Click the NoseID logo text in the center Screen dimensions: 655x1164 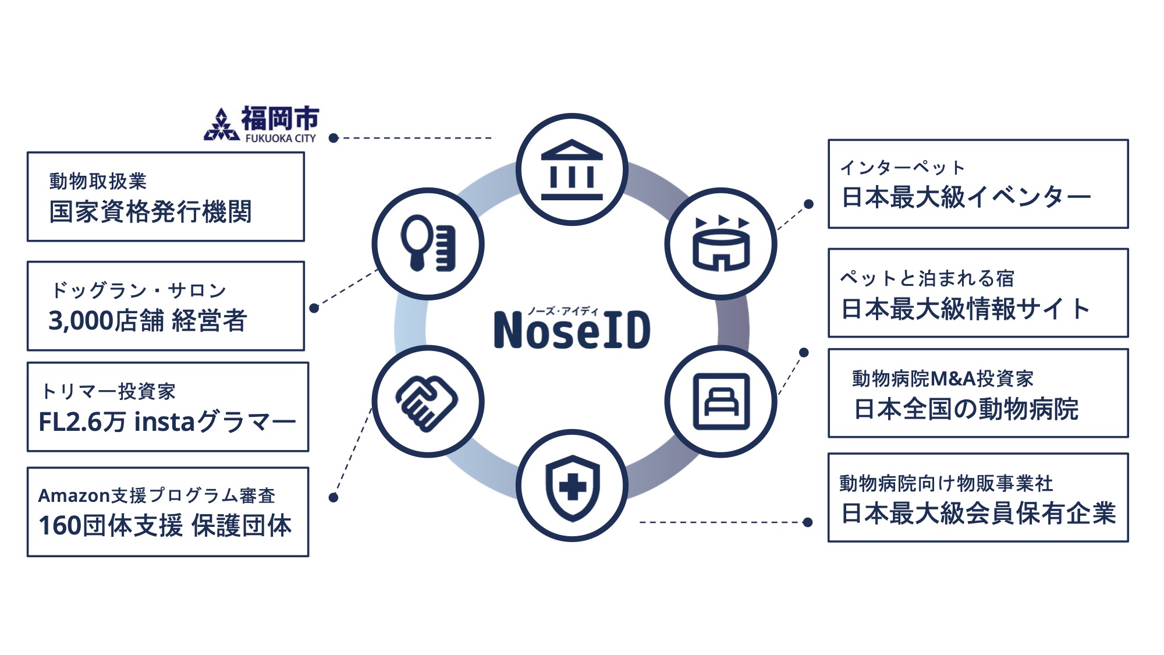pos(572,330)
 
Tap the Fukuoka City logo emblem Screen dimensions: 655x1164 pos(221,125)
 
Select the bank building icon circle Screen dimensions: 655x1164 pos(572,169)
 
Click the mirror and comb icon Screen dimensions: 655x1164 pos(428,243)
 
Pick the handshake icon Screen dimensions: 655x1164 pos(428,402)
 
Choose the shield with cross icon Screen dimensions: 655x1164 pos(572,486)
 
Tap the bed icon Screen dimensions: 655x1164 pos(721,402)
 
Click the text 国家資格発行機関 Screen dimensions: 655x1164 pos(150,211)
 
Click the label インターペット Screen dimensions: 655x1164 pos(902,168)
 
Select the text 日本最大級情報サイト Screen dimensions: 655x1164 pos(966,309)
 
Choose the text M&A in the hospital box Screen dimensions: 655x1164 pos(953,379)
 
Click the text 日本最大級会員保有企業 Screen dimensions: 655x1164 pos(978,513)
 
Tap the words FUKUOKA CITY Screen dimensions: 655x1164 pos(281,139)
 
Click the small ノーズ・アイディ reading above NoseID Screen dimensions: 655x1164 pos(563,311)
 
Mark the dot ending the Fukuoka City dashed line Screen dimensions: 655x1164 pos(333,138)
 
